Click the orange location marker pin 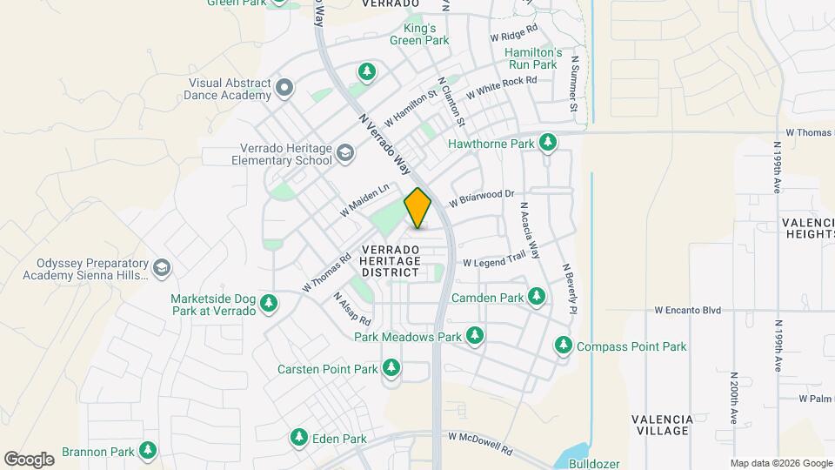(x=417, y=208)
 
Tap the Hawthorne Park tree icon (x=547, y=142)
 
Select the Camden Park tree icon (x=537, y=297)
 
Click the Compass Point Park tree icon (x=564, y=346)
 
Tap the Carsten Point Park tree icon (x=391, y=368)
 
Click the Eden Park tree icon (x=299, y=436)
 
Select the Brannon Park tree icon (x=149, y=451)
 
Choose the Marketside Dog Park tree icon (x=270, y=303)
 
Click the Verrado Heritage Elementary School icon (x=345, y=153)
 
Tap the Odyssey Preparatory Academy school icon (x=161, y=268)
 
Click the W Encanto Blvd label (x=688, y=310)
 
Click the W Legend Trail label (x=494, y=262)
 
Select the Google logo (x=29, y=459)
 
